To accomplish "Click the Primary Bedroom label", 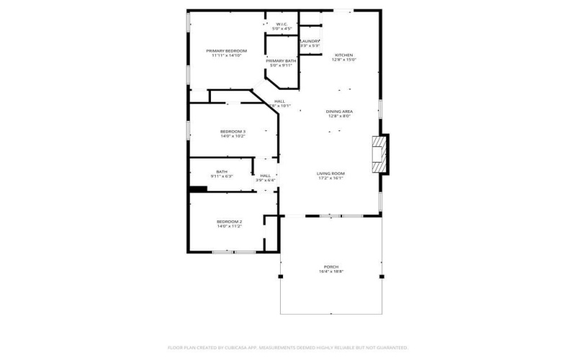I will point(226,51).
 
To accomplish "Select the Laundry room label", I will point(310,42).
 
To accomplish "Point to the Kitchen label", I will point(343,55).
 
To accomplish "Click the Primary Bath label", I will point(280,61).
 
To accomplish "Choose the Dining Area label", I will point(338,112).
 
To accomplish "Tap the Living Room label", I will point(331,174).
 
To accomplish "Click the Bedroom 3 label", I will point(233,132).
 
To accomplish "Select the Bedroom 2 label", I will point(229,222).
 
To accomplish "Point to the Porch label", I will point(331,267).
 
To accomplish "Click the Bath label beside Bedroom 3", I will point(221,171).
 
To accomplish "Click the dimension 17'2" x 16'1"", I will point(331,178).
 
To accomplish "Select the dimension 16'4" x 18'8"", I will point(331,271).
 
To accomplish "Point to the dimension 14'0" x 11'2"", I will point(229,226).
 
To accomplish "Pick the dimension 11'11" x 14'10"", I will point(226,55).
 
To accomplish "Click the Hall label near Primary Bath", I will point(279,101).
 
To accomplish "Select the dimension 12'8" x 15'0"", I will point(343,59).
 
